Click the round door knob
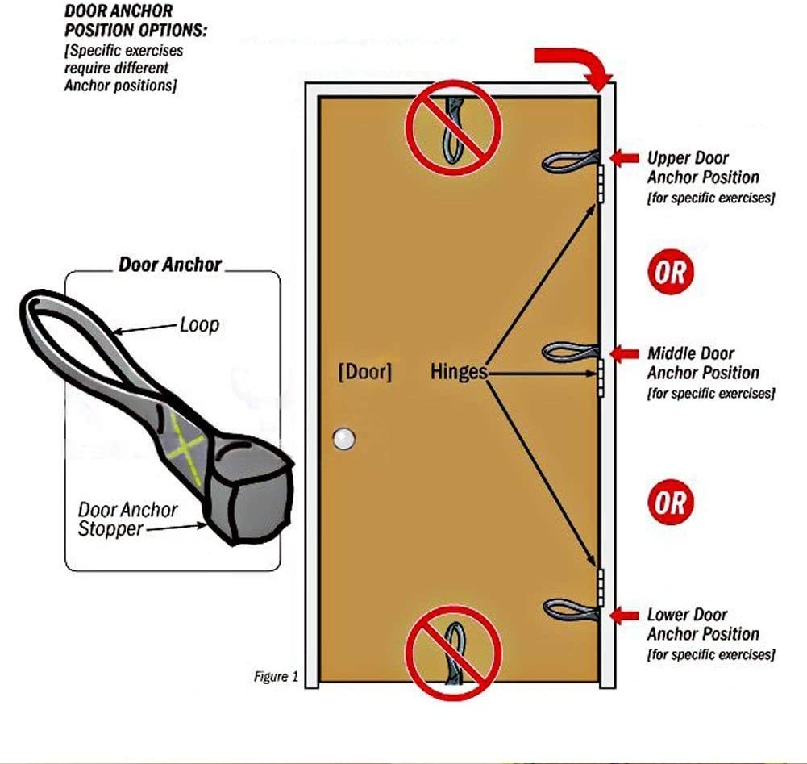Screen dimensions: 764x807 [344, 439]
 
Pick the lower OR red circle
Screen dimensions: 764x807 [671, 503]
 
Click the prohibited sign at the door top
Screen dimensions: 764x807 [453, 125]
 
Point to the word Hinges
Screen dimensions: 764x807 [459, 372]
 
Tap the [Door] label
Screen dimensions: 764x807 [364, 372]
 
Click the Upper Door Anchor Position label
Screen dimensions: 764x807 [703, 168]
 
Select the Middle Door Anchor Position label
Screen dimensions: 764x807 [703, 363]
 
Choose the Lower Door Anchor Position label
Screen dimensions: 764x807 [703, 624]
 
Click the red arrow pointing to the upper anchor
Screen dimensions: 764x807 [623, 157]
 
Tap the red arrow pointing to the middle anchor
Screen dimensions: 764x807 [623, 353]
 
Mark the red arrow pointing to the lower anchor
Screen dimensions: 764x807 [623, 616]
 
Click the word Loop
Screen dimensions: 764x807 [200, 325]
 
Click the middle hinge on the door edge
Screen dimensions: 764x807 [601, 377]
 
